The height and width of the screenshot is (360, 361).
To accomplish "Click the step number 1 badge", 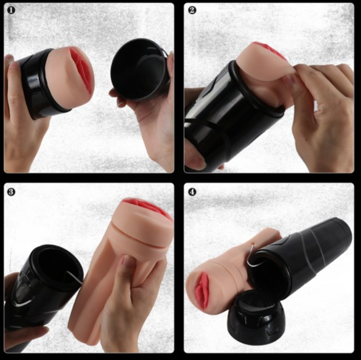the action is pyautogui.click(x=11, y=10).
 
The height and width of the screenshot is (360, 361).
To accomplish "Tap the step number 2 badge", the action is pyautogui.click(x=192, y=10).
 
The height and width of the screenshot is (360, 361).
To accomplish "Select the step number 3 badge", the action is pyautogui.click(x=11, y=192).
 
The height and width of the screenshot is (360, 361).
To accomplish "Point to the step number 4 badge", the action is pyautogui.click(x=192, y=192).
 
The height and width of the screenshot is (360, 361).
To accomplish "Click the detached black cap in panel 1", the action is pyautogui.click(x=139, y=69).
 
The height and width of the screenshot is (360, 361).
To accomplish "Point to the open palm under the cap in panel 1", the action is pyautogui.click(x=150, y=120).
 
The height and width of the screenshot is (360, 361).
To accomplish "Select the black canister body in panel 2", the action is pyautogui.click(x=230, y=115).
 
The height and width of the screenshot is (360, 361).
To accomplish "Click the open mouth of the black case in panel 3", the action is pyautogui.click(x=58, y=265).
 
